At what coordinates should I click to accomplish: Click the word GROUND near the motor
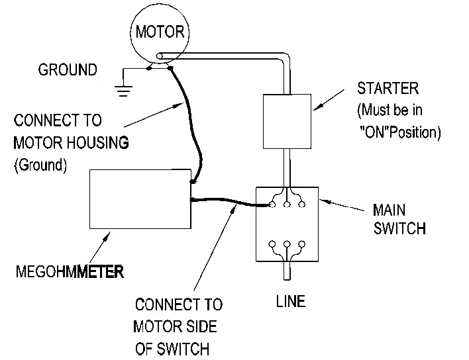tap(68, 69)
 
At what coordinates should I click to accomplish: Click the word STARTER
tap(388, 89)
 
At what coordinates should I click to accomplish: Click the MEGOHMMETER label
tap(70, 271)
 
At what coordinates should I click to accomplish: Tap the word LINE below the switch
tap(291, 302)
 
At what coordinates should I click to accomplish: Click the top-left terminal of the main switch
tap(272, 204)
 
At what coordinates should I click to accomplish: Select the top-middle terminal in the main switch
tap(287, 204)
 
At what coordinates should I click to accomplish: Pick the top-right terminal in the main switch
tap(302, 204)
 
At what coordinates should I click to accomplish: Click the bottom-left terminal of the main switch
tap(272, 244)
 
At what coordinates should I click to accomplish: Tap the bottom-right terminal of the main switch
tap(302, 244)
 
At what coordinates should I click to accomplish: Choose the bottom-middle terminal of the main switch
tap(287, 244)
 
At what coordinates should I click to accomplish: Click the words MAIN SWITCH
tap(399, 219)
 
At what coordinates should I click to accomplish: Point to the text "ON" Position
tap(400, 132)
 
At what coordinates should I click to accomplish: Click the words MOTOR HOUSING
tap(71, 142)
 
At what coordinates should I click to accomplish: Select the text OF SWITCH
tap(172, 349)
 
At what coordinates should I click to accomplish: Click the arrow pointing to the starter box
tap(329, 100)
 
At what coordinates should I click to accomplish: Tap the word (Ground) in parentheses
tap(40, 165)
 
